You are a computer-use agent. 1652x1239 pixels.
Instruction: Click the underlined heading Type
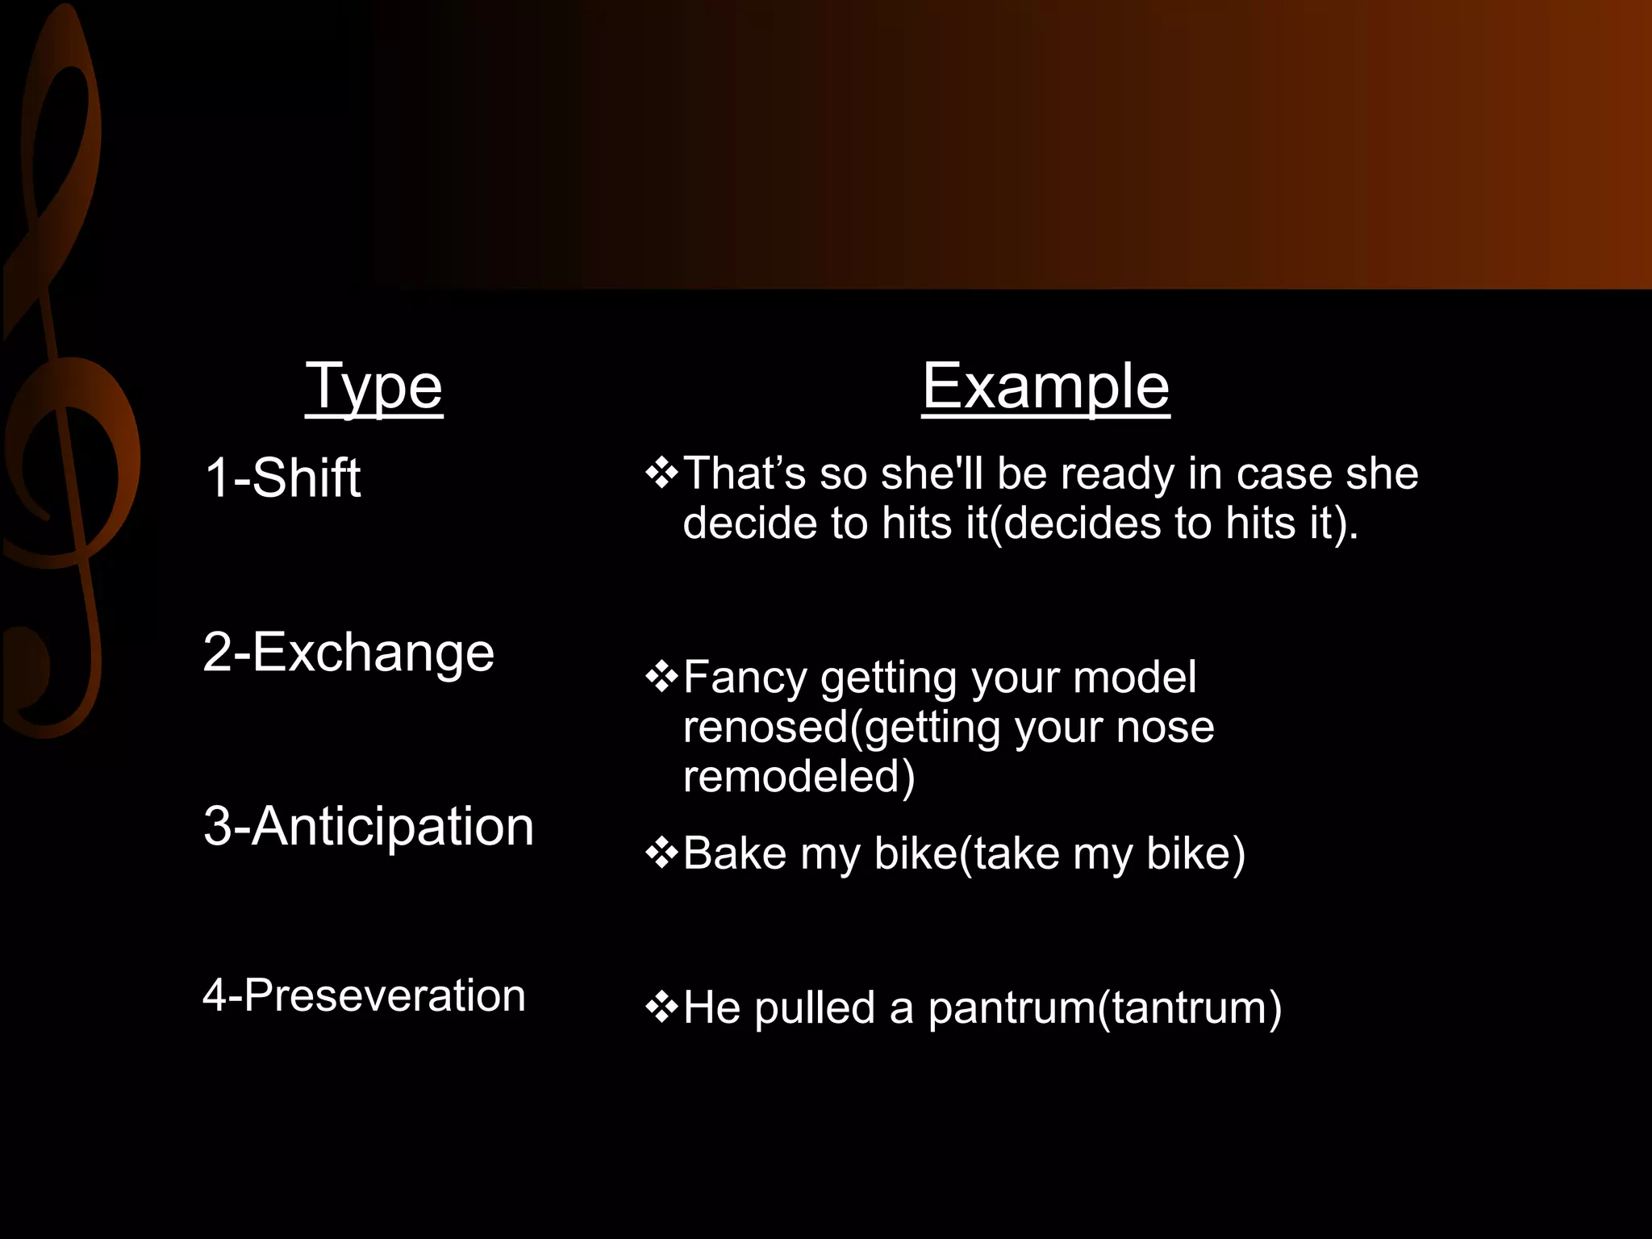coord(373,387)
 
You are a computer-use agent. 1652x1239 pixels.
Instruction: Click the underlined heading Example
coord(1045,387)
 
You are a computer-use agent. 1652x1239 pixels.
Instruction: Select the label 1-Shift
coord(282,478)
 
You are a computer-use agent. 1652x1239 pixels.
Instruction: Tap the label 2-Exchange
coord(348,652)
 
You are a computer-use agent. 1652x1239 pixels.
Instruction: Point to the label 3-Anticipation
coord(369,826)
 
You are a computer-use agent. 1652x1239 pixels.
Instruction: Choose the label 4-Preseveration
coord(364,995)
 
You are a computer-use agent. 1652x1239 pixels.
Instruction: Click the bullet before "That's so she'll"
coord(661,473)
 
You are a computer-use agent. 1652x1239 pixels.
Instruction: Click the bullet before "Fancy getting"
coord(661,677)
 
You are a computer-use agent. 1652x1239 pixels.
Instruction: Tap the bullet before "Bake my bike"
coord(661,853)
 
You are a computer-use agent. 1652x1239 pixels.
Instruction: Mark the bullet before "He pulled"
coord(661,1007)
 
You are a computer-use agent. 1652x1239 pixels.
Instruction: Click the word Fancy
coord(745,678)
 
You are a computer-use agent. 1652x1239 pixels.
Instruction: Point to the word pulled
coord(815,1007)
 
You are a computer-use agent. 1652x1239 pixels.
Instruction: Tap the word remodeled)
coord(799,776)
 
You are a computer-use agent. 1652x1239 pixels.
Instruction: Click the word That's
coord(744,473)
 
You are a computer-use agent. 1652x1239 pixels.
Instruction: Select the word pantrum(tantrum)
coord(1104,1007)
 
